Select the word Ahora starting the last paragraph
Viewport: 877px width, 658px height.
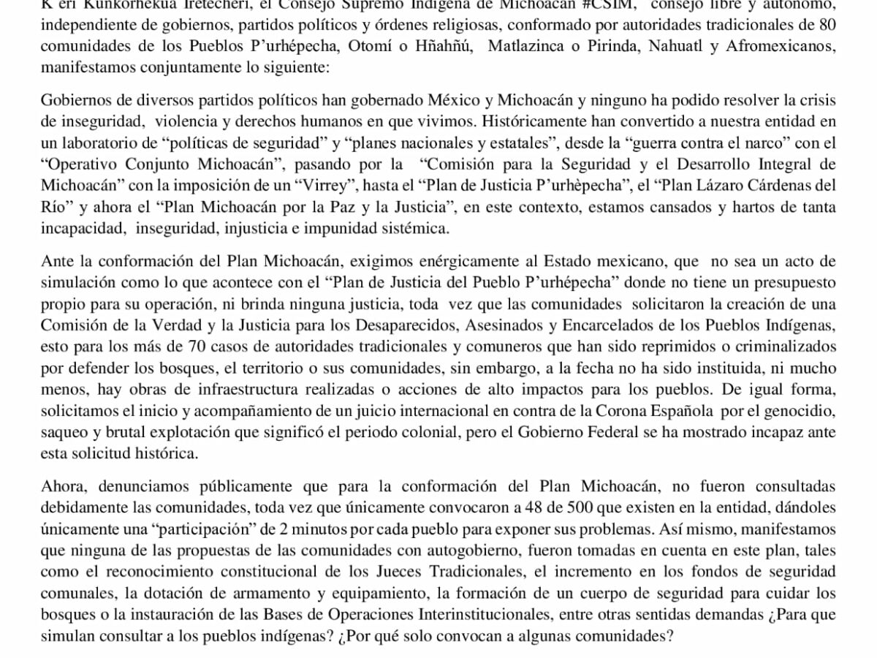pyautogui.click(x=62, y=486)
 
